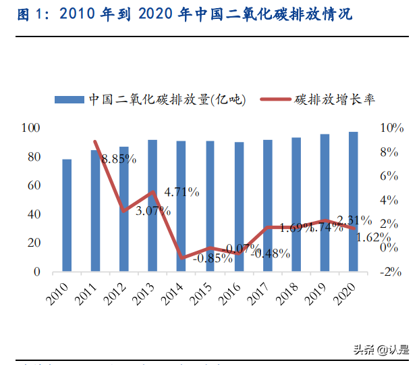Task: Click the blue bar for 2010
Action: click(67, 215)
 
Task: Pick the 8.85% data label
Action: click(119, 160)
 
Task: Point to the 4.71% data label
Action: click(182, 192)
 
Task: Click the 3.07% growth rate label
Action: click(152, 211)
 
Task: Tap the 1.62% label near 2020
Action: click(373, 237)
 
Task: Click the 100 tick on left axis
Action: click(31, 128)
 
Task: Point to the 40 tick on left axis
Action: click(34, 214)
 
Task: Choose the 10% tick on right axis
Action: click(392, 128)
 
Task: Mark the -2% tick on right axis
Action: click(391, 272)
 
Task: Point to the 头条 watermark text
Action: click(364, 349)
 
